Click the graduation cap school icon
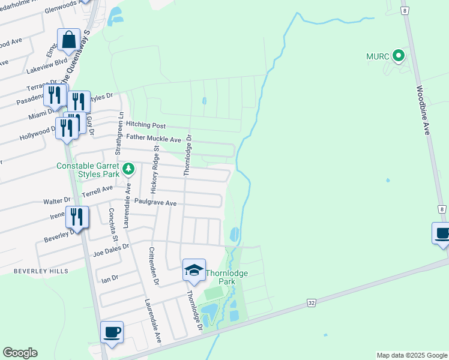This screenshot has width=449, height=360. [194, 271]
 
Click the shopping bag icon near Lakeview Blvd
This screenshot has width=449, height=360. [69, 41]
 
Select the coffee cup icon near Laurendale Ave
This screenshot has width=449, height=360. [112, 332]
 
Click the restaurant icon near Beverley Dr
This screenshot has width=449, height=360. [77, 217]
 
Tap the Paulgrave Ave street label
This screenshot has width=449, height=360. [155, 203]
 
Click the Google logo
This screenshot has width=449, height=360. [20, 353]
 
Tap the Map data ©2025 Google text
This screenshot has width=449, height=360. [411, 355]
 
